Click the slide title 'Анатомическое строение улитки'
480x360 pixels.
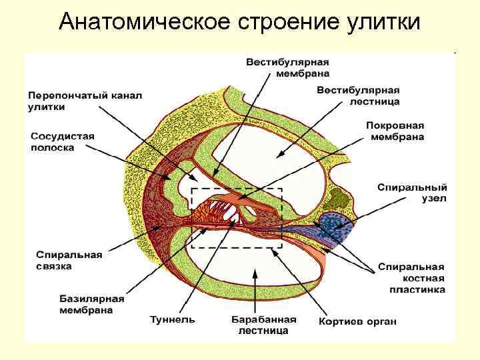click(239, 21)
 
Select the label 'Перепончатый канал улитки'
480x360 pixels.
click(85, 101)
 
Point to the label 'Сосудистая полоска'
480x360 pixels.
click(63, 141)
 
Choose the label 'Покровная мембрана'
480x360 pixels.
click(395, 131)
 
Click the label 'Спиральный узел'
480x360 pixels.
click(413, 193)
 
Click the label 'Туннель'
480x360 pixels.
click(173, 319)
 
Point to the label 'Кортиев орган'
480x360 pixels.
click(357, 321)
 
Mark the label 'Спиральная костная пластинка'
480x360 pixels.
click(411, 278)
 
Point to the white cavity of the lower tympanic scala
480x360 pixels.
click(253, 267)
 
